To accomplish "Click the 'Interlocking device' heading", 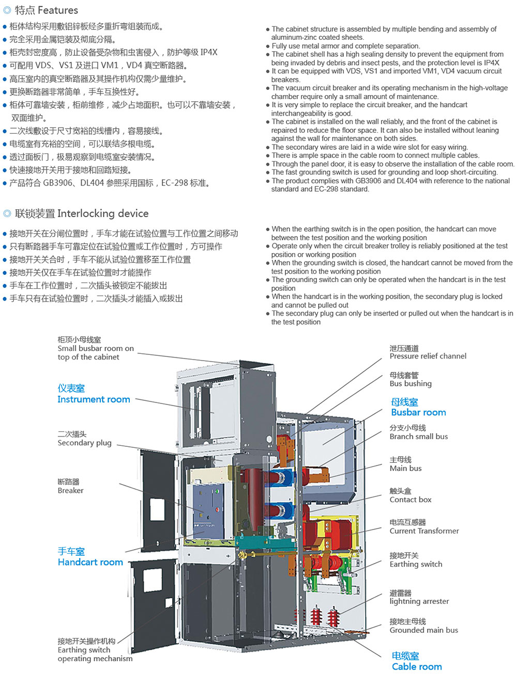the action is click(75, 213).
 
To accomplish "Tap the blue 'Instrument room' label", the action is click(94, 394).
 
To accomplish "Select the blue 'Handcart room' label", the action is click(90, 557).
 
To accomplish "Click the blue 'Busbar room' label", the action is click(419, 407).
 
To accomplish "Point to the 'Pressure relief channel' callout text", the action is click(428, 352).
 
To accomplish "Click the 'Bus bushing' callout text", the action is click(411, 380).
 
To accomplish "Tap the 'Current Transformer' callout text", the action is click(424, 527).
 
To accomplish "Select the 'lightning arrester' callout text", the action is click(419, 597).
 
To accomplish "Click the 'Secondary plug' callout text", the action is click(85, 439).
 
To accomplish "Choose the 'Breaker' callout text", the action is click(71, 486).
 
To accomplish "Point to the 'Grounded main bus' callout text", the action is click(424, 626).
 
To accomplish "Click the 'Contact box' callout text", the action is click(411, 495).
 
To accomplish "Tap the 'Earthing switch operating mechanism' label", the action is click(95, 650).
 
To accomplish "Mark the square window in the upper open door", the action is click(157, 509).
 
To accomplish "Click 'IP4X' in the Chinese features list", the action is click(209, 52).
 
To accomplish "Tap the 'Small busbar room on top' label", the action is click(96, 348).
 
